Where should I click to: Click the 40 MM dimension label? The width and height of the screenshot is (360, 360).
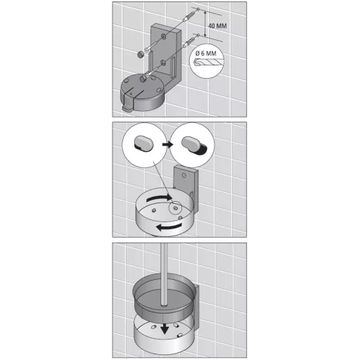point(217,25)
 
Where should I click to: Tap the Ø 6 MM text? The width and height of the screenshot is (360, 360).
point(206,53)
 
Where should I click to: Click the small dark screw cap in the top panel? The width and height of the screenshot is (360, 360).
point(141,55)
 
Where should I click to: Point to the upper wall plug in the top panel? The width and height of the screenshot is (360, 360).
point(189,17)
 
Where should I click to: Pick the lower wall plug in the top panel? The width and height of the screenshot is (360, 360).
point(189,42)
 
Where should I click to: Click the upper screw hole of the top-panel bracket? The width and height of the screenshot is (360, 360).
point(163,36)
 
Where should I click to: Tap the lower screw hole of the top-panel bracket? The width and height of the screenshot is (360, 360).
point(163,63)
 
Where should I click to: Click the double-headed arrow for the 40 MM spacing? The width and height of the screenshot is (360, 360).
point(205,23)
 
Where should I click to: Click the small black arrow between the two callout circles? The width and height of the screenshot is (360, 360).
point(167,144)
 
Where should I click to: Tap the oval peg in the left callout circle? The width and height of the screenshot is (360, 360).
point(143,144)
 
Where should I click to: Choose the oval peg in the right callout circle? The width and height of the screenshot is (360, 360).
point(193,145)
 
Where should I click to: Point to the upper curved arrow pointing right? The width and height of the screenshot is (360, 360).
point(160,198)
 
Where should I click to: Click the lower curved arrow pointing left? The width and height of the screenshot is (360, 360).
point(169,226)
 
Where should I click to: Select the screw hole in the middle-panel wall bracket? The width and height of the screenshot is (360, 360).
point(184,175)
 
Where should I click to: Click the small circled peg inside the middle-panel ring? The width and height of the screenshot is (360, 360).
point(175,207)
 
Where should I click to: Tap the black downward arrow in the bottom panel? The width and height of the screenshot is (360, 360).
point(165,329)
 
